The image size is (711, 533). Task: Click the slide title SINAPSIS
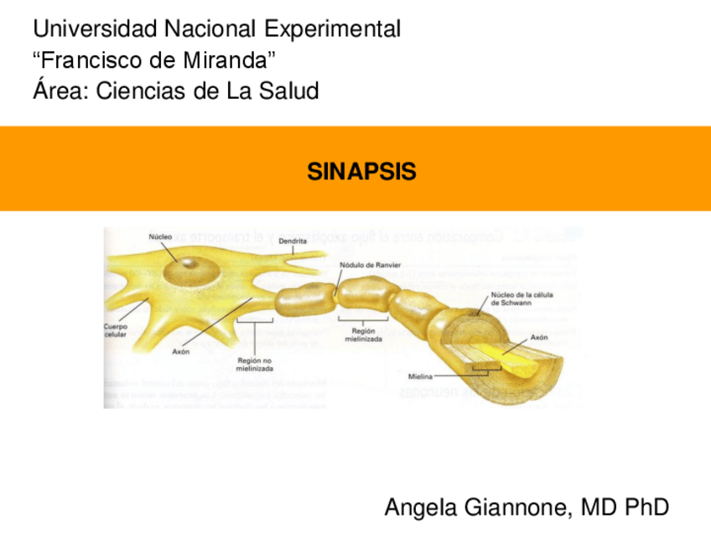361,173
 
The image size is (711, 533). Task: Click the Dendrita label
293,241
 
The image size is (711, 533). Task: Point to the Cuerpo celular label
116,330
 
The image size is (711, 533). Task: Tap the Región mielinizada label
363,335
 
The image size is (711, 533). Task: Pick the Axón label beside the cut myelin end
540,337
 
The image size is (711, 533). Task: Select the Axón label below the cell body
181,352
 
